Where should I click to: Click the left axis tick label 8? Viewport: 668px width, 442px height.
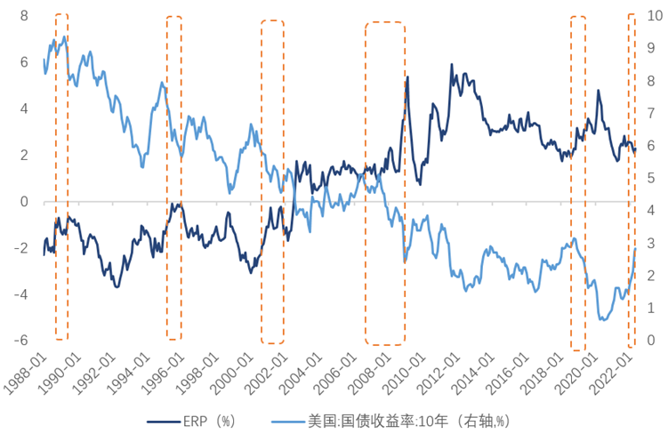tap(24, 16)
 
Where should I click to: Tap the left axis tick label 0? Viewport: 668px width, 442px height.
tap(24, 202)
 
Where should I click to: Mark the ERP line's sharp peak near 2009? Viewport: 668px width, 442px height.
tap(407, 78)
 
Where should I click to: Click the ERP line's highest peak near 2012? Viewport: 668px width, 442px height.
tap(452, 65)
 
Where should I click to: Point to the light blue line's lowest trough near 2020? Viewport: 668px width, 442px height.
tap(604, 319)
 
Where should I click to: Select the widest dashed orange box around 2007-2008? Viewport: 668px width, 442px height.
tap(385, 183)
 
